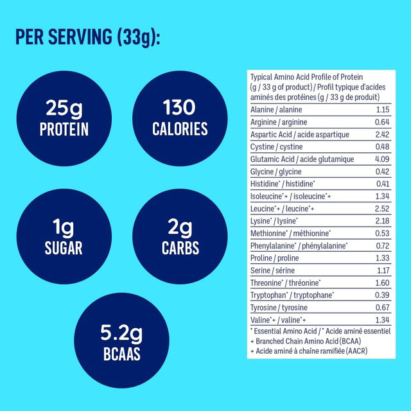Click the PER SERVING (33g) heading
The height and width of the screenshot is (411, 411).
(x=87, y=37)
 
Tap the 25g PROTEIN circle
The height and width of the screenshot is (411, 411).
(x=64, y=118)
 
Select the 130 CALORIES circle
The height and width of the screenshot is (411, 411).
(x=180, y=118)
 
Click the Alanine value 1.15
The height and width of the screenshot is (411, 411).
(x=382, y=110)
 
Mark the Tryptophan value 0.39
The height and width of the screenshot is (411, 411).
(x=382, y=295)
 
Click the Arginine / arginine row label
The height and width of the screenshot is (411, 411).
(x=278, y=122)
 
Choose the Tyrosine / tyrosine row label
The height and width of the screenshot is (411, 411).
(x=277, y=307)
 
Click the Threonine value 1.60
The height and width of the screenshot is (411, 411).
(x=382, y=283)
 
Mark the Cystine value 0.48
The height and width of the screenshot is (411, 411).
(x=382, y=147)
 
